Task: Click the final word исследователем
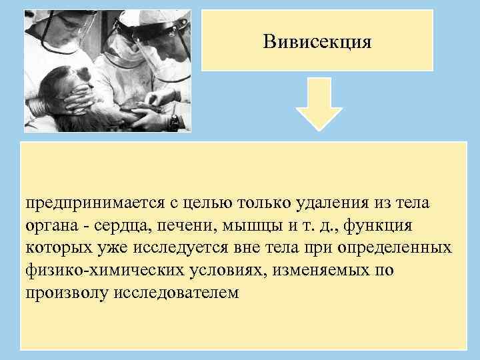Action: (175, 293)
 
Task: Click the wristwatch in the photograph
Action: (175, 122)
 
